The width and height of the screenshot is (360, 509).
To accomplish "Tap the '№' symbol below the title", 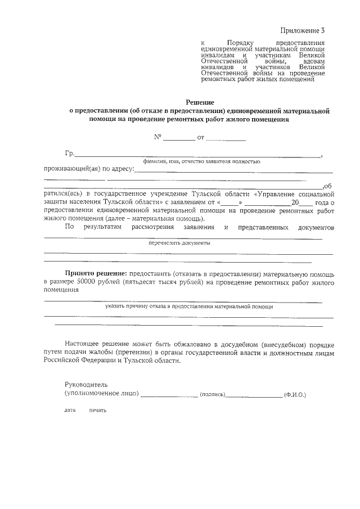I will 158,137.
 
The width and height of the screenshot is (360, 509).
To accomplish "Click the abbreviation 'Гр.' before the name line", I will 70,154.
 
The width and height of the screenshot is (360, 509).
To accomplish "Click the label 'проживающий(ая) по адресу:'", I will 89,169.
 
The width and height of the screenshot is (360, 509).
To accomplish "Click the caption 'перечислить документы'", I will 179,244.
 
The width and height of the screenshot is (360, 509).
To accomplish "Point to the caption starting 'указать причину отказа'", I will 188,307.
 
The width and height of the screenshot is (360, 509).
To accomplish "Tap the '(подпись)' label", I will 213,395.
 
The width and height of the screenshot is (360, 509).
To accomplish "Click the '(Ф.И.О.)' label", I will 295,395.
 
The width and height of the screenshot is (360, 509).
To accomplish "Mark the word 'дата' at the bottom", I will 70,410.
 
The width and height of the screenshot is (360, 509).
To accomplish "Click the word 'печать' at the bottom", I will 97,410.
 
